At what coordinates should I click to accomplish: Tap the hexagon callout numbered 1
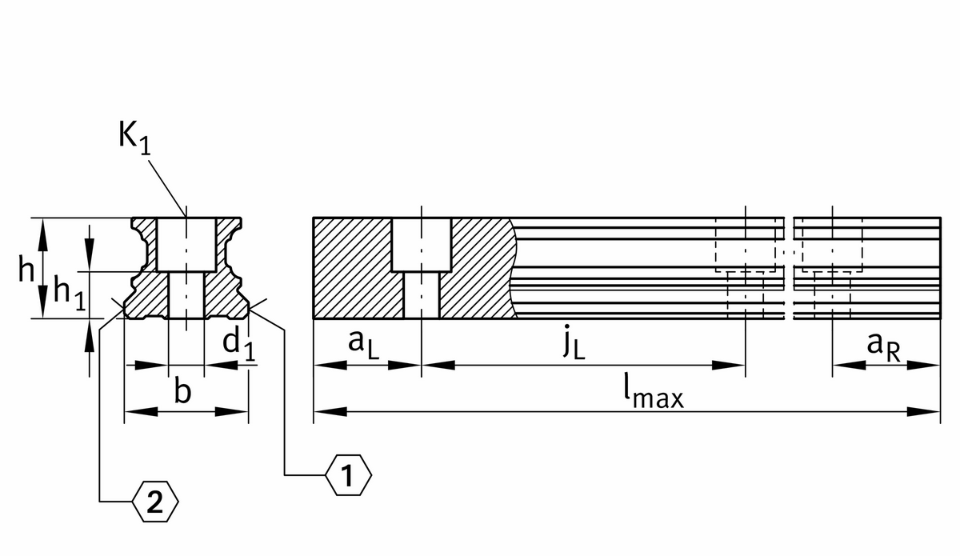[348, 475]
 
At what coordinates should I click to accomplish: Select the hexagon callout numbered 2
[154, 502]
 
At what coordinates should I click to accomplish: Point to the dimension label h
[26, 268]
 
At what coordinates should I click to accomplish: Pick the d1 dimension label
[239, 345]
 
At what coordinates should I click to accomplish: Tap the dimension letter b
[182, 390]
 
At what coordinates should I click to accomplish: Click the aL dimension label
[363, 346]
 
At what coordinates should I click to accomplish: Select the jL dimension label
[574, 342]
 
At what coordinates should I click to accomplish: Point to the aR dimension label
[883, 348]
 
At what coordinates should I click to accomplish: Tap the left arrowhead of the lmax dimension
[330, 411]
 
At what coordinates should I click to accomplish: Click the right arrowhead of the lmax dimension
[923, 411]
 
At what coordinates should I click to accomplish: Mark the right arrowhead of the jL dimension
[729, 366]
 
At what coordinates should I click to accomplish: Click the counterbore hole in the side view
[422, 245]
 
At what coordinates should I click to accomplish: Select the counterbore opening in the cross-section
[186, 245]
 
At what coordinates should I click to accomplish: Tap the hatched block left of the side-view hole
[353, 268]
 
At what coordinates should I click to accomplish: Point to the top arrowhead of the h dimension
[42, 235]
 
